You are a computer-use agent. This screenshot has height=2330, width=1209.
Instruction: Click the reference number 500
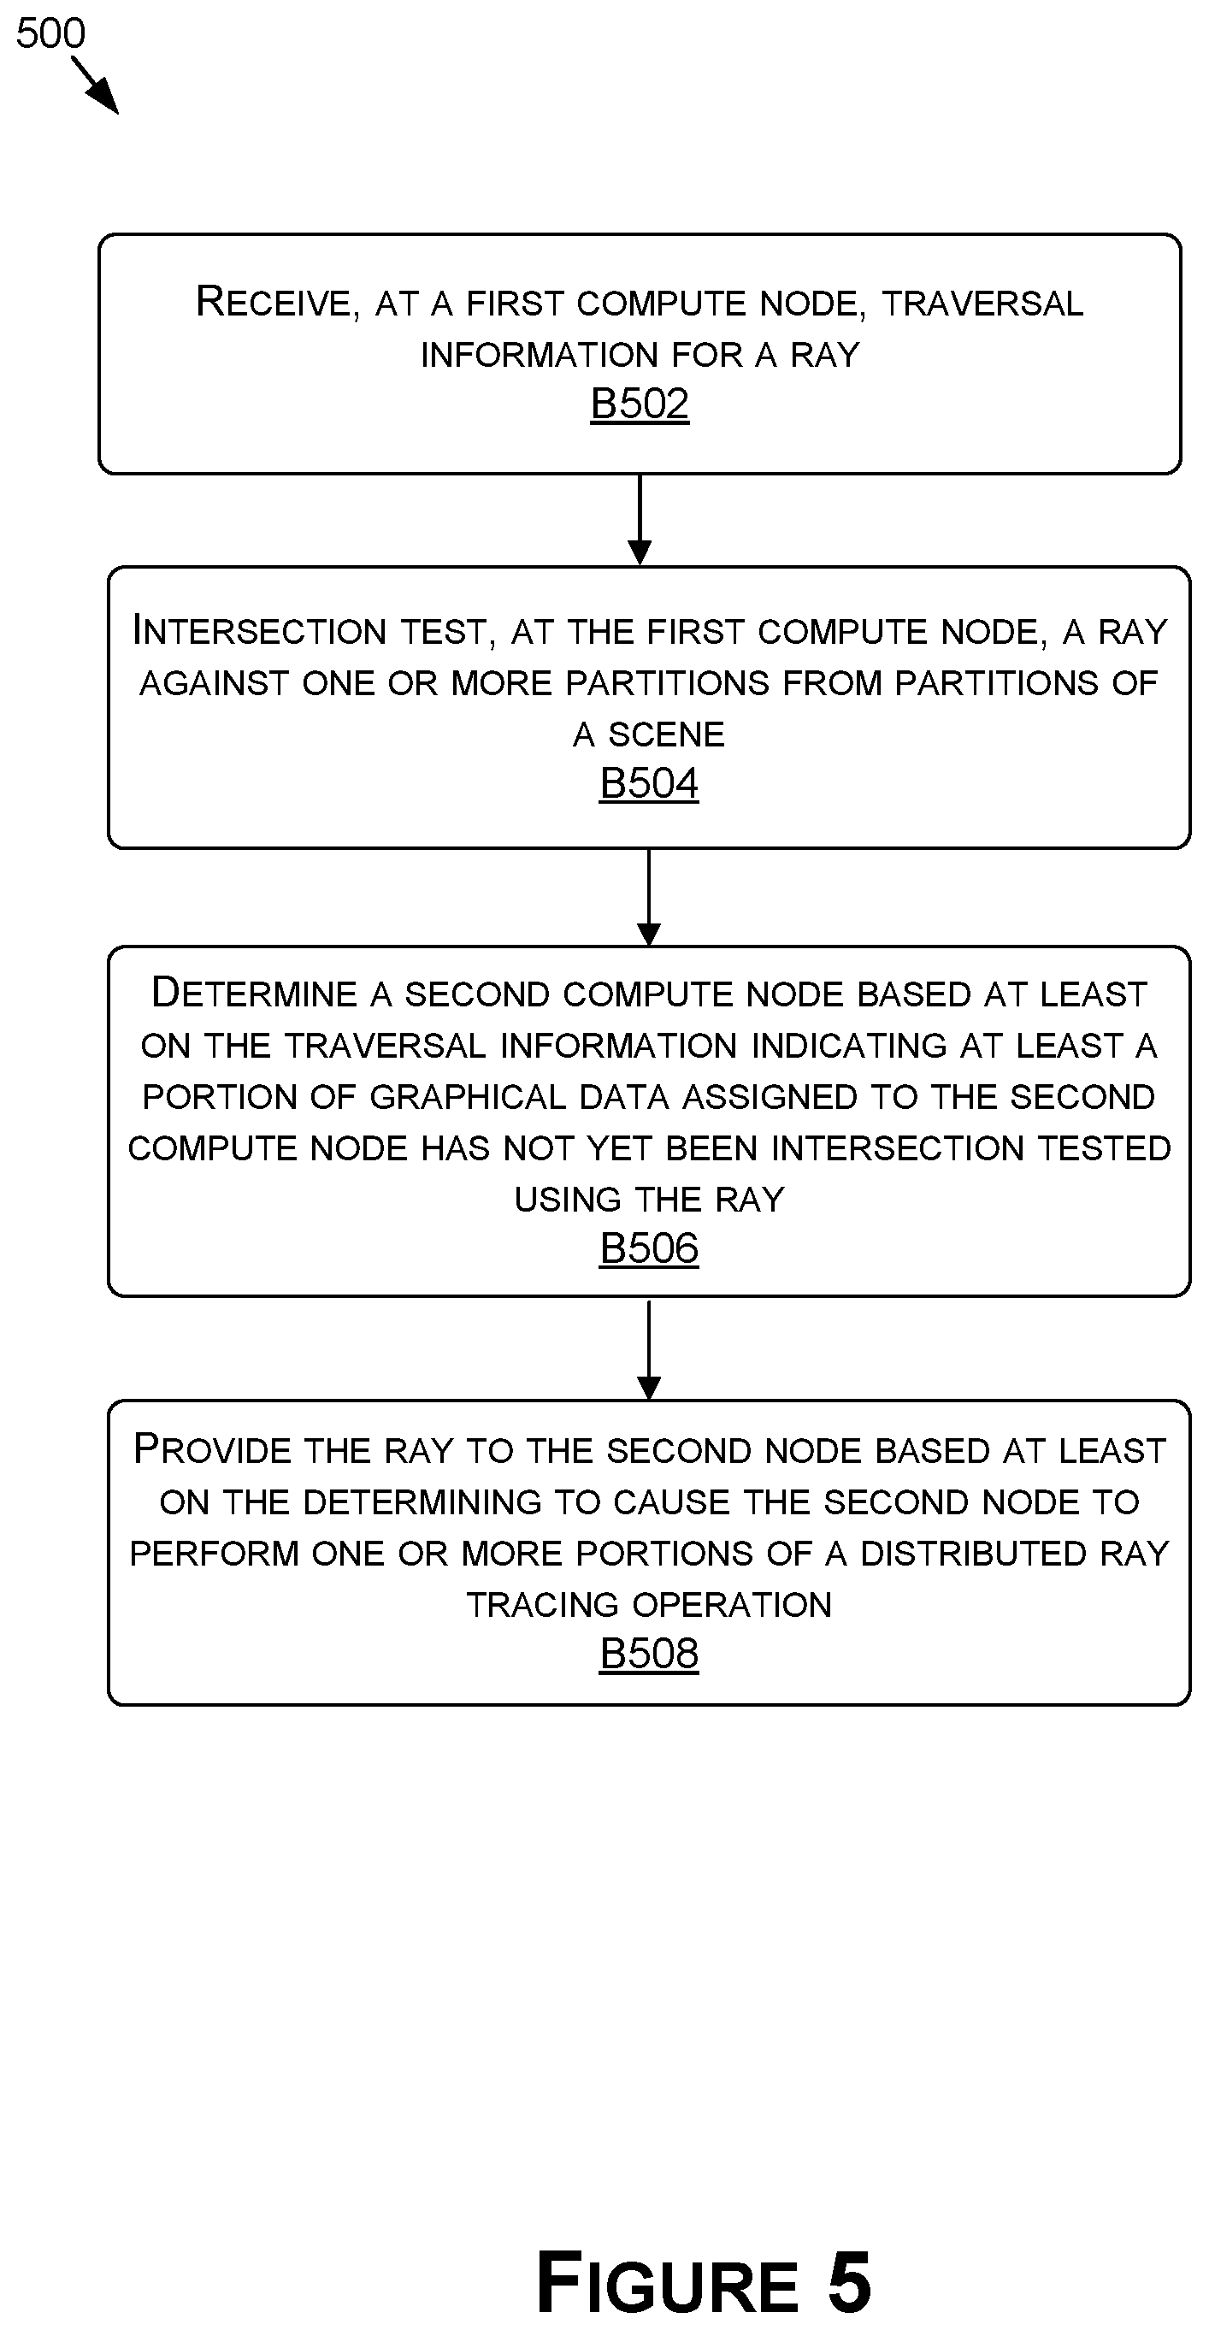pyautogui.click(x=50, y=33)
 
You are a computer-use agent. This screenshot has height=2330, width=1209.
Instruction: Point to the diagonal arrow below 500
pyautogui.click(x=95, y=86)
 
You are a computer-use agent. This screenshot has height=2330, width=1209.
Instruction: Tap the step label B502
pyautogui.click(x=640, y=404)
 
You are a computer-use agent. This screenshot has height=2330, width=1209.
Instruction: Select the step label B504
pyautogui.click(x=649, y=783)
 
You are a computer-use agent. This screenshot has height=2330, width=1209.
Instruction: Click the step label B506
pyautogui.click(x=649, y=1248)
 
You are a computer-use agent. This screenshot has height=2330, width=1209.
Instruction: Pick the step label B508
pyautogui.click(x=649, y=1654)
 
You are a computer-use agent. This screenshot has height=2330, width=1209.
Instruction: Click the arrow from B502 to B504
pyautogui.click(x=640, y=520)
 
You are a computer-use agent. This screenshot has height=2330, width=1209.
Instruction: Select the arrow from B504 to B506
pyautogui.click(x=649, y=897)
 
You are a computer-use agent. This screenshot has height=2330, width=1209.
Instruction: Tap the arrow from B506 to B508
pyautogui.click(x=649, y=1348)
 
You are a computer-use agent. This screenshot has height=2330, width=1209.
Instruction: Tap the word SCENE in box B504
pyautogui.click(x=665, y=734)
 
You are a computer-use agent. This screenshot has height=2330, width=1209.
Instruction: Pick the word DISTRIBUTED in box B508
pyautogui.click(x=974, y=1553)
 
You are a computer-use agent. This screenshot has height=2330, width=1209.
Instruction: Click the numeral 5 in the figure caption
pyautogui.click(x=849, y=2281)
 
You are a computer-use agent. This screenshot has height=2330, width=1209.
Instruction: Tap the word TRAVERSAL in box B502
pyautogui.click(x=982, y=304)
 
